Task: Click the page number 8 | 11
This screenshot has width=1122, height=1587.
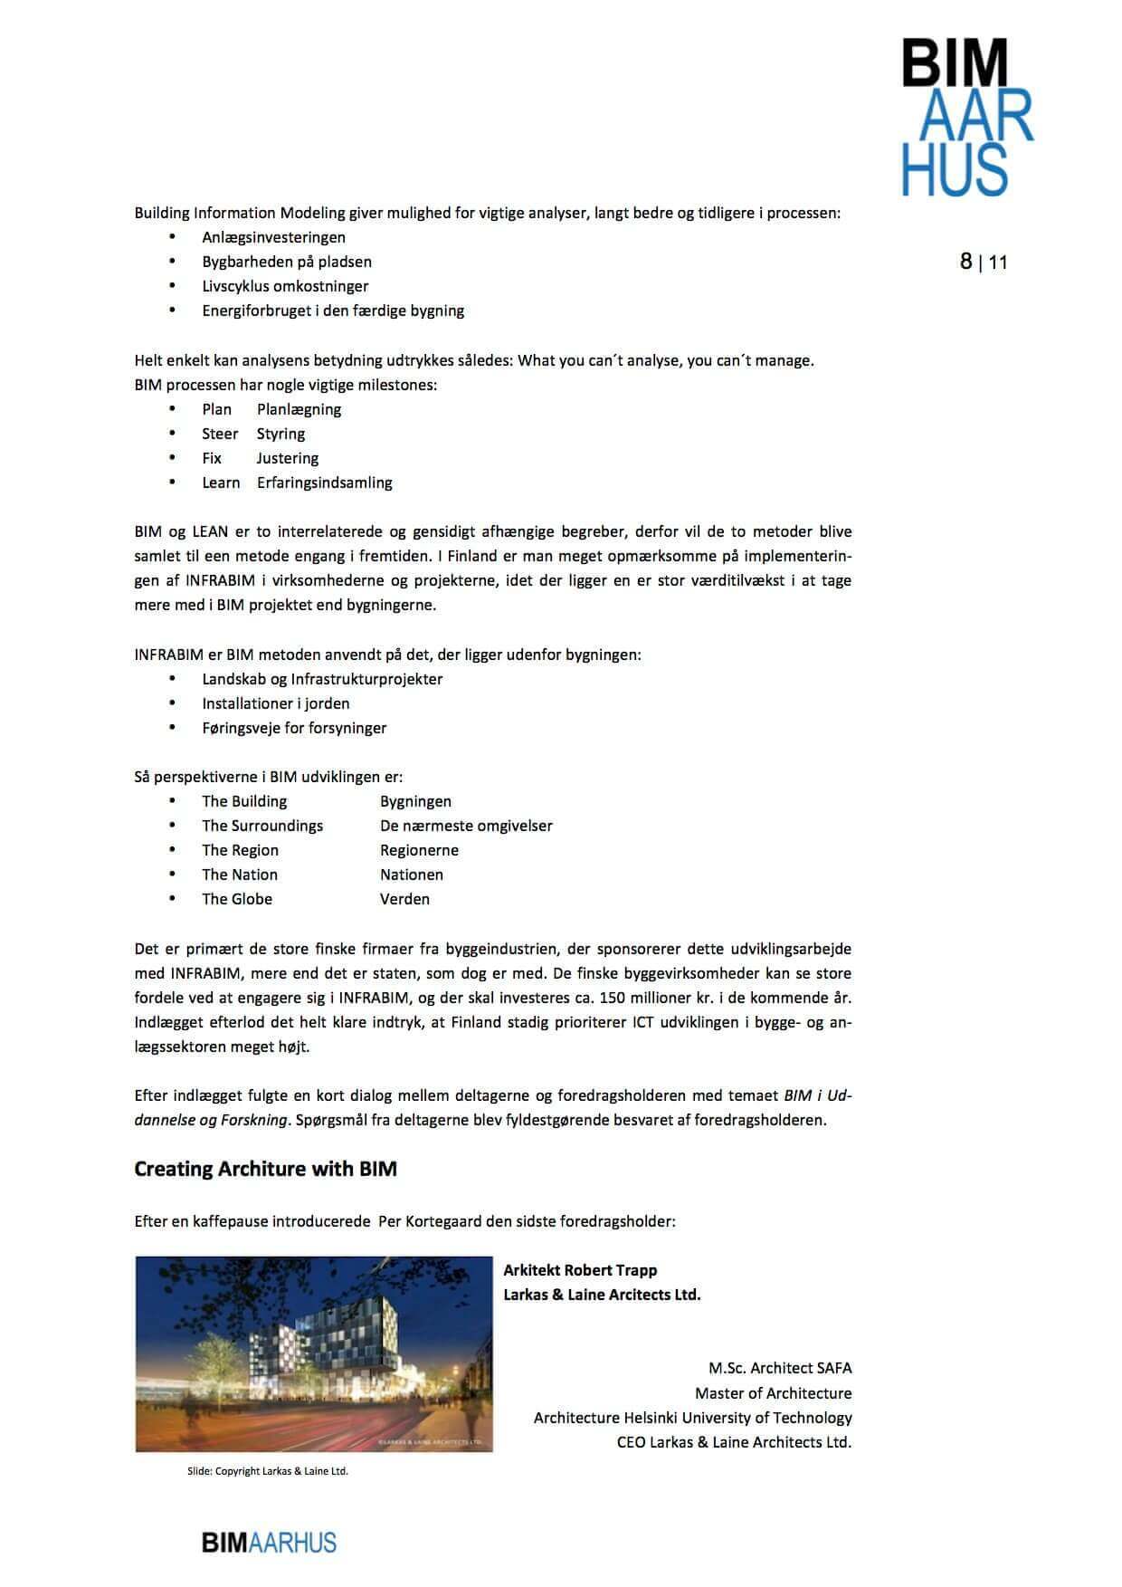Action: click(x=984, y=263)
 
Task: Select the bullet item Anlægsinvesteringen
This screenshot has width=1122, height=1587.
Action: click(x=273, y=237)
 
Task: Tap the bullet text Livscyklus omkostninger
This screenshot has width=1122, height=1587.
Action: click(x=285, y=286)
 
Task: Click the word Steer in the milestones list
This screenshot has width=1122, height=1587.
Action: click(x=220, y=434)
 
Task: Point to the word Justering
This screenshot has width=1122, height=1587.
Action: click(x=288, y=458)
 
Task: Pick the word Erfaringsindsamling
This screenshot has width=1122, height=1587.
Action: click(x=324, y=483)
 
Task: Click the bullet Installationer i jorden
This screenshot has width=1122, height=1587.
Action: click(x=275, y=703)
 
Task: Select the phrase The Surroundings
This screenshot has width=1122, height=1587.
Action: click(x=261, y=826)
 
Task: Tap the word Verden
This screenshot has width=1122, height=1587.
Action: click(x=404, y=899)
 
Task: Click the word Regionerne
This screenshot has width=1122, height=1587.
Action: click(x=419, y=850)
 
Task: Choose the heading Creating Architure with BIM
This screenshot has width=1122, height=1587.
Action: click(x=265, y=1169)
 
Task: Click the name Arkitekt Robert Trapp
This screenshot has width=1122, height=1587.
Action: click(x=580, y=1270)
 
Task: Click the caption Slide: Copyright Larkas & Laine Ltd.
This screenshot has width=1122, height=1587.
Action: click(x=268, y=1471)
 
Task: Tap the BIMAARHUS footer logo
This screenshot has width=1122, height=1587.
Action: click(x=269, y=1543)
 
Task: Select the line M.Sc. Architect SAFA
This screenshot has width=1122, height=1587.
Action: click(x=780, y=1368)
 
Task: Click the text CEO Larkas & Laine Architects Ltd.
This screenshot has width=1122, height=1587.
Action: click(x=734, y=1442)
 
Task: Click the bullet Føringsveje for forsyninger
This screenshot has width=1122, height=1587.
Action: click(x=294, y=728)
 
